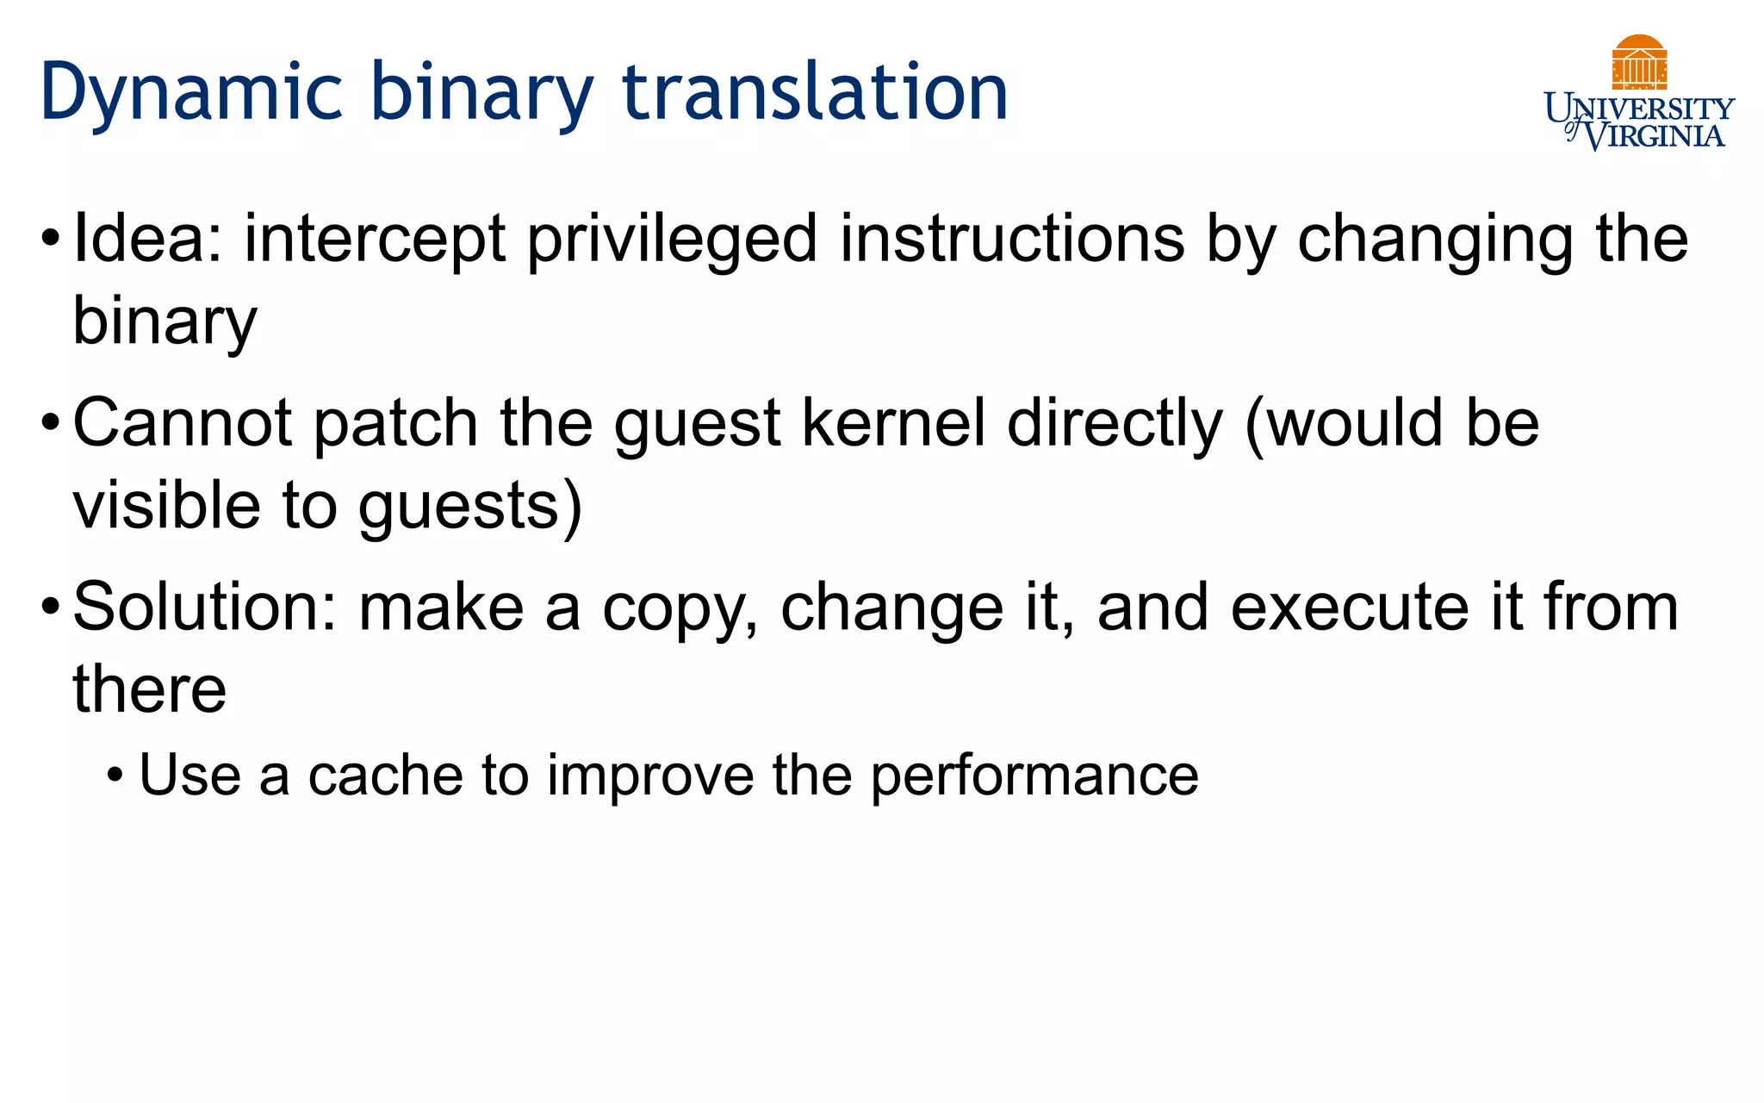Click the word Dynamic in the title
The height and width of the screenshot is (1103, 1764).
pyautogui.click(x=191, y=93)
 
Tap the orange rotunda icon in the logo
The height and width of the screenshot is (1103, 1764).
pyautogui.click(x=1639, y=62)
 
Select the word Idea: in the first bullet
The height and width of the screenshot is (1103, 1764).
pyautogui.click(x=148, y=239)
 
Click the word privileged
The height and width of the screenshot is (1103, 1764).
pyautogui.click(x=671, y=240)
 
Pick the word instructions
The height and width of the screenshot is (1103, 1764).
pyautogui.click(x=1011, y=239)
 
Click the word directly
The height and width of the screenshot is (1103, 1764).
pyautogui.click(x=1115, y=425)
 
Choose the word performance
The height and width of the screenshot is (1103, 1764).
pyautogui.click(x=1034, y=776)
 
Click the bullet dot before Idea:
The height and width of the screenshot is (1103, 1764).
pyautogui.click(x=51, y=239)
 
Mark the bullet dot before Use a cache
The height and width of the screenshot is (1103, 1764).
pyautogui.click(x=115, y=776)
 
